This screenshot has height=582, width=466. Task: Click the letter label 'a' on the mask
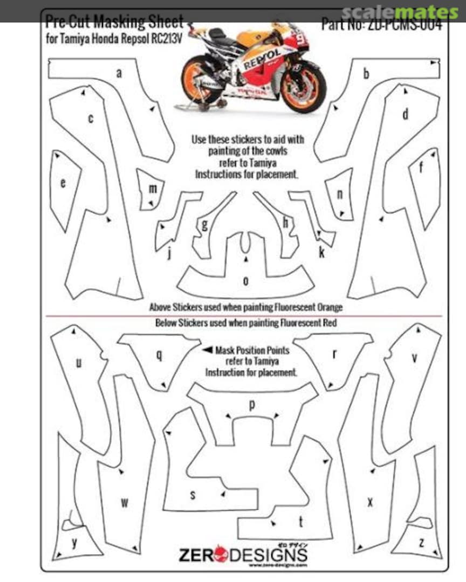pos(119,73)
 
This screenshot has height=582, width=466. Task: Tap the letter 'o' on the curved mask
pos(246,281)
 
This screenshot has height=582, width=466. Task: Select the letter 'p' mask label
pos(251,405)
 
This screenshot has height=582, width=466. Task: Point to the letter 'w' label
pos(124,503)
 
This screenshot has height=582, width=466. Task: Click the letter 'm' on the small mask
pos(153,189)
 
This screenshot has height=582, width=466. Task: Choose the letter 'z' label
pos(421,542)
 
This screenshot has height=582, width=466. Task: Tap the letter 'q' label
pos(159,355)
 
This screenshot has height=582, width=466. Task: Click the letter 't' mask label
pos(300,521)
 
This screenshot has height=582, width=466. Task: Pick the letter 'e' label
pos(63,184)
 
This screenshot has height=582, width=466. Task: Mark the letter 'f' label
pos(421,168)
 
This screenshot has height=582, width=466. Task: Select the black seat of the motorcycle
pos(218,35)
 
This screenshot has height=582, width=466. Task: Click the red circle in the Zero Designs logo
pos(221,553)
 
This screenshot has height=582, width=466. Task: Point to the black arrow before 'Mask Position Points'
pos(207,350)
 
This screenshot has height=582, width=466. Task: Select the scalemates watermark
pos(400,12)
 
